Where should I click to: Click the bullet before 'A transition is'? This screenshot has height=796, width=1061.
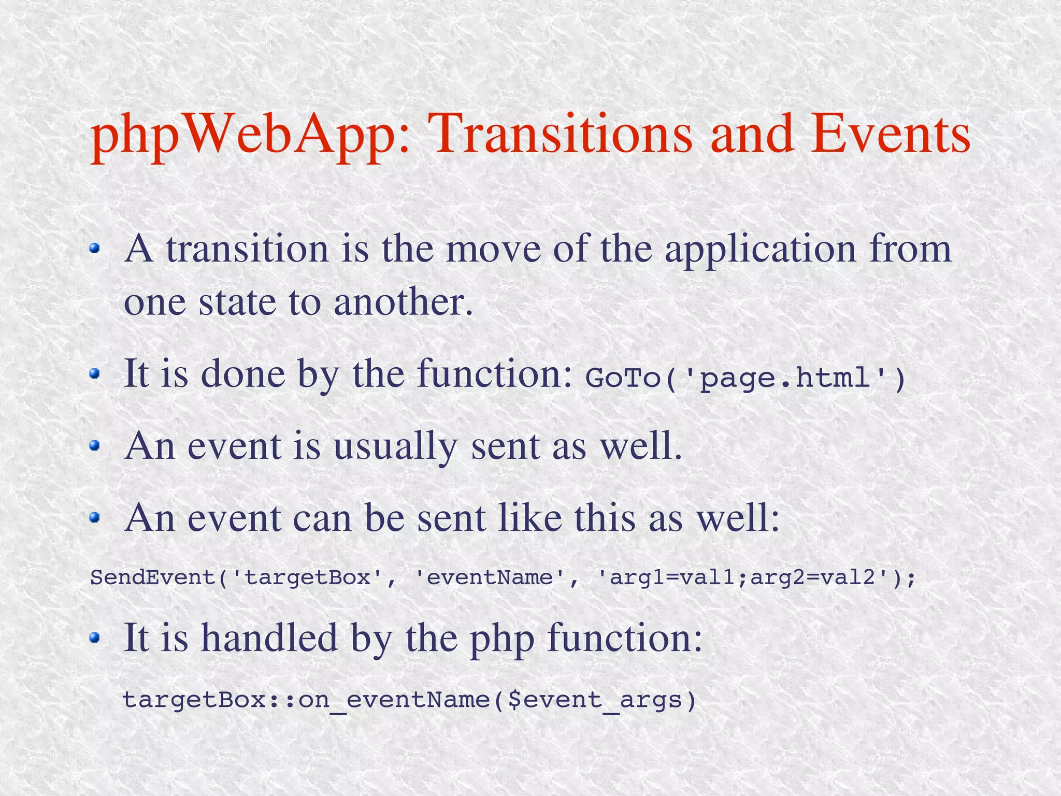click(94, 249)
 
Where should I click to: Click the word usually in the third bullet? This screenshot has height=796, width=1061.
click(395, 446)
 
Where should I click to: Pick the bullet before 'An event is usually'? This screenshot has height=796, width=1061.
click(94, 445)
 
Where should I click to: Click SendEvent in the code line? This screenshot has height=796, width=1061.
click(153, 577)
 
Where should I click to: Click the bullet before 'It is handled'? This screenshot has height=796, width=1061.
click(94, 638)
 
